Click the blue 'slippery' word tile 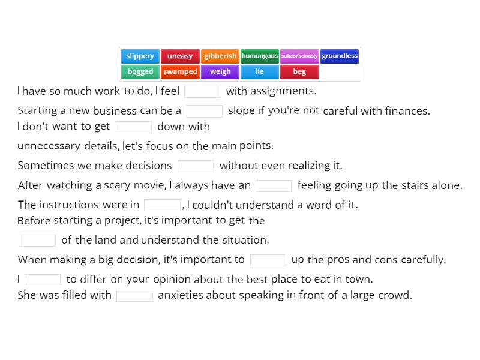pos(140,56)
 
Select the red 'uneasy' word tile pos(180,56)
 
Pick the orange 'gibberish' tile pos(220,56)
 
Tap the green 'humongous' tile pos(260,56)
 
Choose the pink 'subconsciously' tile pos(299,56)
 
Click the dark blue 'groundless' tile pos(340,56)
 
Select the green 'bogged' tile pos(140,72)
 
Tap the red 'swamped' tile pos(180,72)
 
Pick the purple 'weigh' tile pos(220,72)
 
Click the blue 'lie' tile pos(260,72)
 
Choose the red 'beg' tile pos(299,72)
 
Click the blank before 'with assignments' pos(202,91)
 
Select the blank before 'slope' pos(205,111)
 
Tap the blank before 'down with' pos(134,127)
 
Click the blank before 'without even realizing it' pos(196,166)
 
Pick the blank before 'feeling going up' pos(274,185)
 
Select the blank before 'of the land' pos(38,240)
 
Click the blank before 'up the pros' pos(268,260)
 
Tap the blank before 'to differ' pos(43,280)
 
